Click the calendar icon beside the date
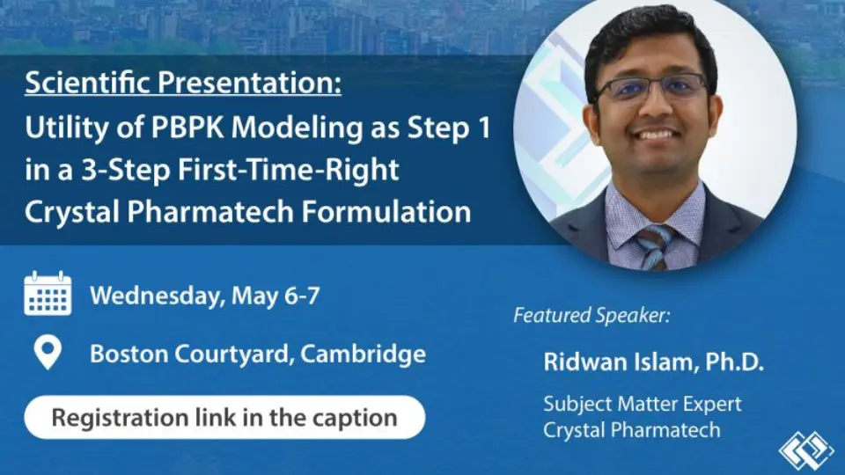point(48,294)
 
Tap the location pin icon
point(47,354)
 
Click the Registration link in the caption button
point(224,416)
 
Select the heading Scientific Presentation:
point(183,85)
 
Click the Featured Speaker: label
point(591,315)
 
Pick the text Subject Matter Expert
point(642,405)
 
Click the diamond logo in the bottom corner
point(805,449)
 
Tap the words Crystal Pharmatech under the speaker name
point(631,430)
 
